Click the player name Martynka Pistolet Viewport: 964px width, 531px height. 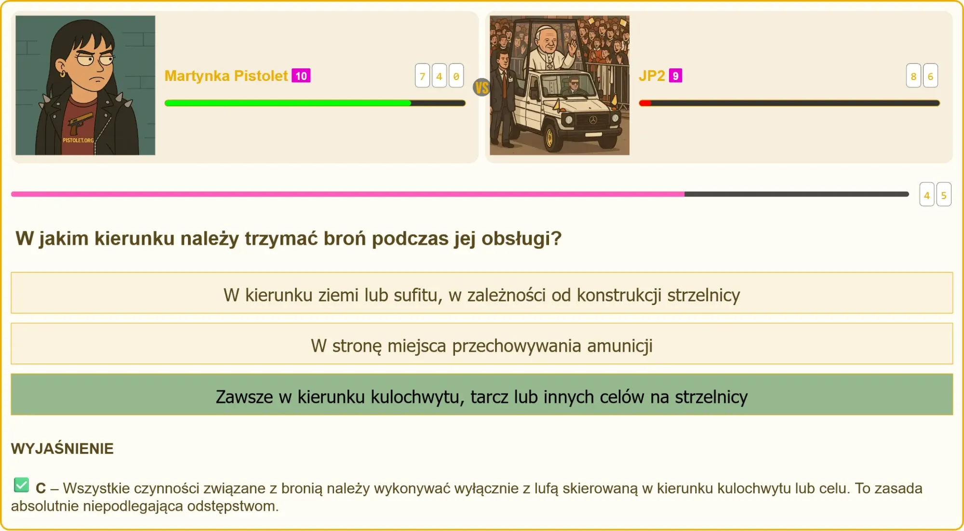click(x=226, y=76)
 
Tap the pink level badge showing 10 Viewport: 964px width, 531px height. click(x=301, y=76)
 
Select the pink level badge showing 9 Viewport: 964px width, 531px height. click(x=675, y=76)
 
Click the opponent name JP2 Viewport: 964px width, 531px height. click(x=652, y=76)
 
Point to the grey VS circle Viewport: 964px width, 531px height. click(x=482, y=87)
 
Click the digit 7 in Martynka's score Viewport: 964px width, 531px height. click(x=422, y=76)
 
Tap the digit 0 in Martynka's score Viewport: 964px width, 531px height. click(x=456, y=76)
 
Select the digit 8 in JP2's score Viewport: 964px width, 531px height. click(x=913, y=76)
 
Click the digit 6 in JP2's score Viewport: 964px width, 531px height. click(x=930, y=76)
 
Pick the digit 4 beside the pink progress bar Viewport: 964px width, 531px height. click(x=927, y=195)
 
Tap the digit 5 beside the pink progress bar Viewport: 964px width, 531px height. click(x=944, y=195)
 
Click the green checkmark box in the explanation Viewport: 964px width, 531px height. click(x=21, y=485)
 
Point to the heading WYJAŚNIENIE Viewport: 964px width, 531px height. click(x=62, y=449)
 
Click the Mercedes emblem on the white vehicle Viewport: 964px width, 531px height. click(x=593, y=120)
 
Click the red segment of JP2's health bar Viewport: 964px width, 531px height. click(x=645, y=103)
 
